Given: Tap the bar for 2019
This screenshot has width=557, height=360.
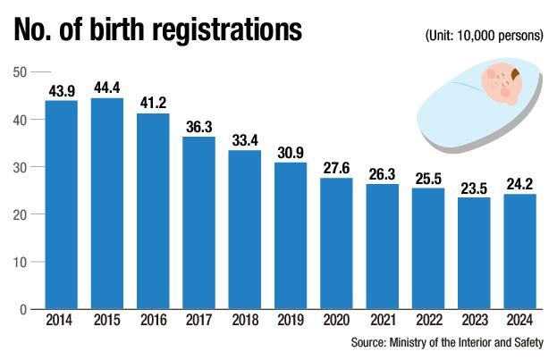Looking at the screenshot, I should (x=291, y=236).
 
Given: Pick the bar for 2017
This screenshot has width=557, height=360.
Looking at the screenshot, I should (x=199, y=222).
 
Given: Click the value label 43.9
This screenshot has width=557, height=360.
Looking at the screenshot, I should (x=62, y=90).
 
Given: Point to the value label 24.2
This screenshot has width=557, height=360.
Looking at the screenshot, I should (x=520, y=184).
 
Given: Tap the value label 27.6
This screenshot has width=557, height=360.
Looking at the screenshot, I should (x=337, y=168).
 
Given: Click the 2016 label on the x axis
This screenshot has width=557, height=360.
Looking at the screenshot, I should (x=153, y=321).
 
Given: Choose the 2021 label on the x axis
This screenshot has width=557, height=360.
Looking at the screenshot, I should (x=383, y=321).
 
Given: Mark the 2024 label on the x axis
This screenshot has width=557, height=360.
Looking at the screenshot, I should (x=520, y=321).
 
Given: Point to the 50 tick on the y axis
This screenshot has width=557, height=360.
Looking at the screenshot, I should (x=20, y=71).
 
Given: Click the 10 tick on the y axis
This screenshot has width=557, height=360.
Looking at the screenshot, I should (x=20, y=262).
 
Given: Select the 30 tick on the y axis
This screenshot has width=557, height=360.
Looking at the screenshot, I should (x=20, y=167).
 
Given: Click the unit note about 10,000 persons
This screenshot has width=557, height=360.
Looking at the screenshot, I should (x=484, y=36).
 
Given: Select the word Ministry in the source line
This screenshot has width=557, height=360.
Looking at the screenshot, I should (x=416, y=342).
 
